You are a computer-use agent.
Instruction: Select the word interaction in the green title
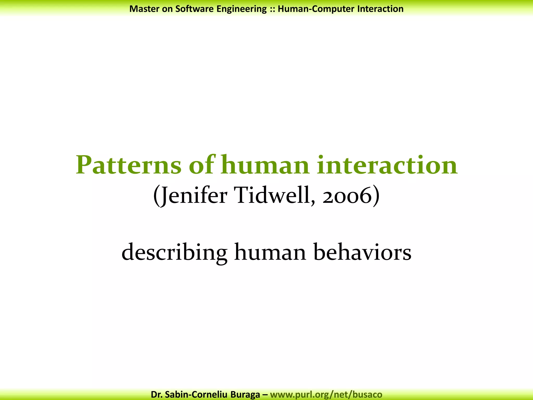click(x=387, y=165)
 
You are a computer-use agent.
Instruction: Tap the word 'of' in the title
click(x=202, y=165)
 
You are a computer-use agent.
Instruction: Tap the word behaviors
click(x=363, y=252)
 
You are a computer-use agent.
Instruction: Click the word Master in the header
click(x=144, y=9)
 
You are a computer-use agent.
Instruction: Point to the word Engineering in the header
click(x=242, y=9)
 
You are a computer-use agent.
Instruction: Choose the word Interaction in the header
click(x=380, y=9)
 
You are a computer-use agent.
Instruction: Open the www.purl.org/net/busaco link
click(x=326, y=395)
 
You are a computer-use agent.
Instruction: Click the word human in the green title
click(x=265, y=165)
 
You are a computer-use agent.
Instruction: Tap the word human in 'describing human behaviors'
click(x=270, y=252)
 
